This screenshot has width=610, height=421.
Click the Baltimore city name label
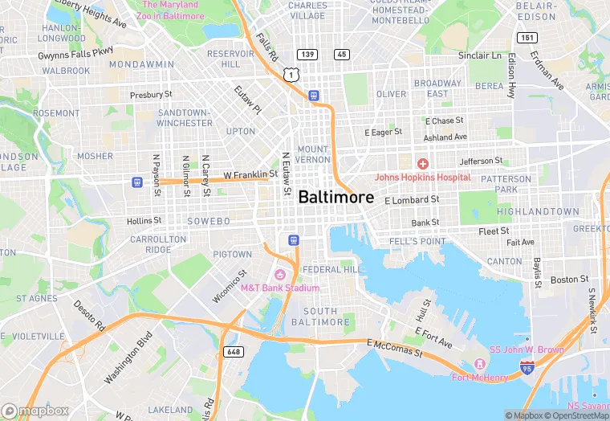click(335, 197)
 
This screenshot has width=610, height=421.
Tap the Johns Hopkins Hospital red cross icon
click(422, 164)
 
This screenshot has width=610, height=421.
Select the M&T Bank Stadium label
click(280, 288)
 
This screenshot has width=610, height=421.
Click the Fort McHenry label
click(479, 378)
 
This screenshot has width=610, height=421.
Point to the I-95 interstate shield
click(527, 367)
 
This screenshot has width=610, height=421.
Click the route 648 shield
click(233, 352)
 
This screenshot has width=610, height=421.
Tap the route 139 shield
click(306, 54)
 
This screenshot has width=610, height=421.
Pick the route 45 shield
click(342, 54)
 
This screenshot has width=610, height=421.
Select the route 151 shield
click(527, 37)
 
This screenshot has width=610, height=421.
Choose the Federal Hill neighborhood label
click(334, 269)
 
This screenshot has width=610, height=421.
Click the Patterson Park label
click(506, 184)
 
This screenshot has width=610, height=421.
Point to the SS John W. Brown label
click(527, 349)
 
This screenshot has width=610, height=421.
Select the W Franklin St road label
click(250, 174)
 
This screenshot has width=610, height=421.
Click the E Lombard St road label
click(412, 199)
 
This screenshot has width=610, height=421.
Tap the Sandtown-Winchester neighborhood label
click(185, 117)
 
